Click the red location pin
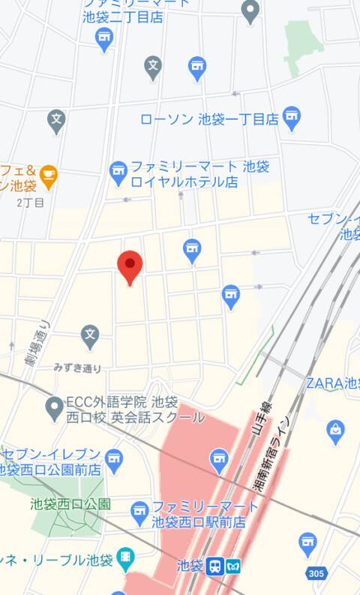(x=130, y=266)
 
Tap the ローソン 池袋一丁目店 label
(x=209, y=119)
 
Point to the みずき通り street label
(x=77, y=368)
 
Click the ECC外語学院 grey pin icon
(x=54, y=409)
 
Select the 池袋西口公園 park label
(x=70, y=504)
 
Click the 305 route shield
(x=316, y=573)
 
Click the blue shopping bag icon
(x=336, y=431)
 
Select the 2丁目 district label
(x=31, y=203)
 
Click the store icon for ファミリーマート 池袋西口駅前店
(x=139, y=512)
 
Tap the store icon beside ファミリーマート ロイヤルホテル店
(x=118, y=173)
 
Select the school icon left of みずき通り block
(x=91, y=333)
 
